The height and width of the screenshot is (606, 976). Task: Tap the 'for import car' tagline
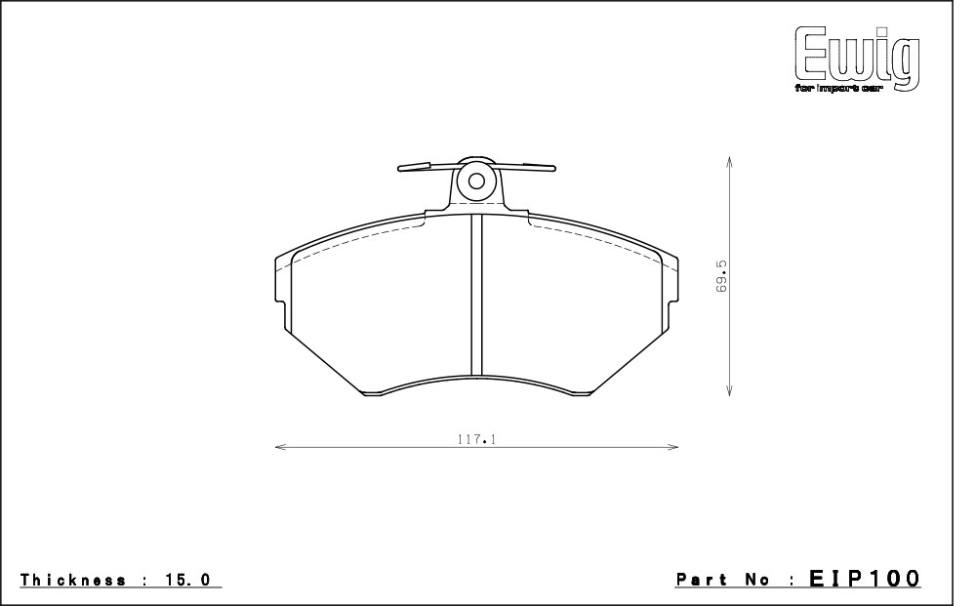(x=838, y=89)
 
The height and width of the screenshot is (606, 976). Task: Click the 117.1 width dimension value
(x=476, y=439)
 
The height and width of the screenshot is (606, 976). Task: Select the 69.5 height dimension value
(x=721, y=276)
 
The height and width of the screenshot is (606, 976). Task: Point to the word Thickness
(x=73, y=580)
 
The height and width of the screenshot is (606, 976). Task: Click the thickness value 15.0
(x=188, y=580)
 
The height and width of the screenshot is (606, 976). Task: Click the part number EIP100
(x=865, y=578)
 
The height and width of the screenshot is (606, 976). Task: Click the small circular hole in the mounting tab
(x=476, y=182)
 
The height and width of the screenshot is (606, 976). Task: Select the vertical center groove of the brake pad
(x=476, y=295)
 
